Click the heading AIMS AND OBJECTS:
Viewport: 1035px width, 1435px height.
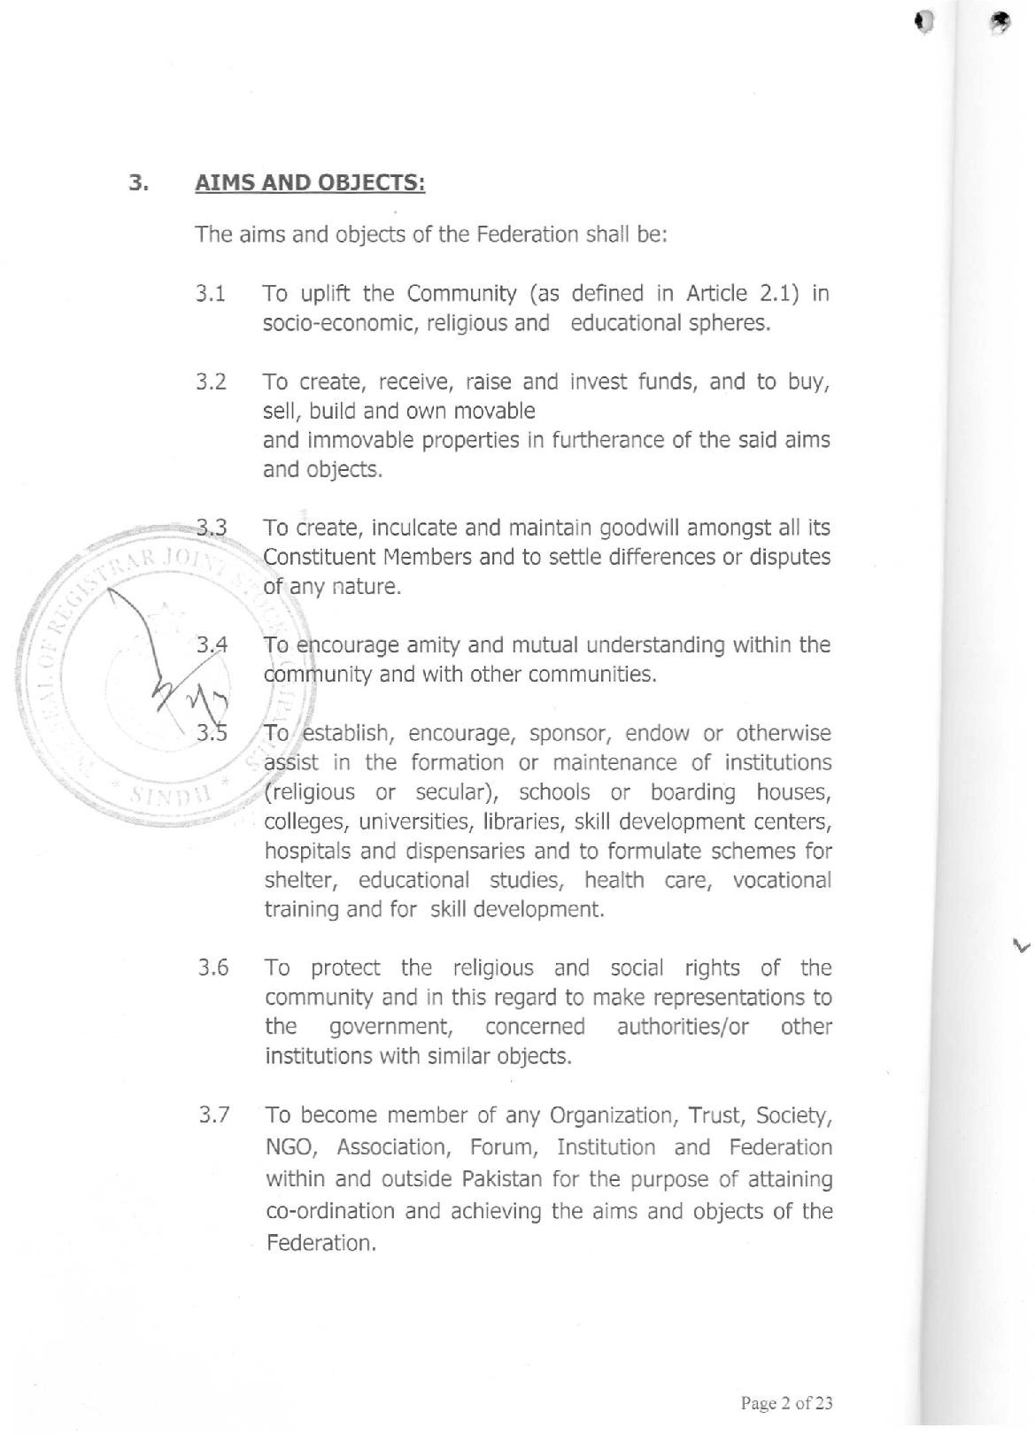[310, 183]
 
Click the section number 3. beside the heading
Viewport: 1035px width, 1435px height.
[138, 183]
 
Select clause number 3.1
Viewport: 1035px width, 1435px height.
[211, 294]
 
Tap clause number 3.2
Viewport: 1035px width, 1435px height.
[211, 382]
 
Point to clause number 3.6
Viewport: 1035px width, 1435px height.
[213, 968]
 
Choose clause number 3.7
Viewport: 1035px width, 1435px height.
[213, 1115]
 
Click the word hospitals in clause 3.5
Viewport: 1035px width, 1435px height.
[306, 851]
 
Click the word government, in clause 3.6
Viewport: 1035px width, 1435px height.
[392, 1027]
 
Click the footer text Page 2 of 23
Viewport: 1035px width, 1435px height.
[786, 1403]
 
